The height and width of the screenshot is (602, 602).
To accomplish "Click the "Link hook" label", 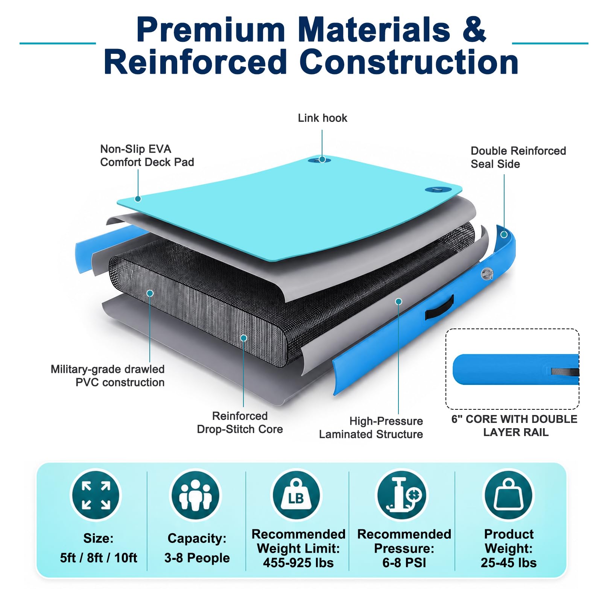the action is (322, 118).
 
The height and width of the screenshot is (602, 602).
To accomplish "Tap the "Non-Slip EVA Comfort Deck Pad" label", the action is (147, 155).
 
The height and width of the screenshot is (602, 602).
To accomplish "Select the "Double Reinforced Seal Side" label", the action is (518, 157).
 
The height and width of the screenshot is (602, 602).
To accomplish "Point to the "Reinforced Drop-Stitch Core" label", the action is (240, 423).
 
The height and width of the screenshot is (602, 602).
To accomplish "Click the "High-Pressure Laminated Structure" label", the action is (371, 427).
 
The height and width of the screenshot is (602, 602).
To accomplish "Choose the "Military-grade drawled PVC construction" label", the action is (108, 375).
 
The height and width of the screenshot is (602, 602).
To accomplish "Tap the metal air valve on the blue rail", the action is (487, 274).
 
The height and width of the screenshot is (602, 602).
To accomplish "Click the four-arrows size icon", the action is (96, 495).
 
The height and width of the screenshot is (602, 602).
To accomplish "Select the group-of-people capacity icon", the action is (196, 495).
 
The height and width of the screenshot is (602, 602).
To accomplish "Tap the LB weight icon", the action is (296, 495).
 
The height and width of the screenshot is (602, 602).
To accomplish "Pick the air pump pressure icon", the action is (403, 495).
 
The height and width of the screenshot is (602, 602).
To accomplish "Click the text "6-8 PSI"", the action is (404, 562).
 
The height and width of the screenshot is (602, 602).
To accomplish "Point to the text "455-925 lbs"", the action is (298, 562).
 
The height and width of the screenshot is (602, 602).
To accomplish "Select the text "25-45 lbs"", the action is (509, 562).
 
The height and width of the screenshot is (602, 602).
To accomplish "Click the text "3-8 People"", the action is (197, 558).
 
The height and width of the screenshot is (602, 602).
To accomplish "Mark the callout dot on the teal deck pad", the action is (138, 199).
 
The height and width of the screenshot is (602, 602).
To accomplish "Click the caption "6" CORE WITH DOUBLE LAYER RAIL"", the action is (514, 426).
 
